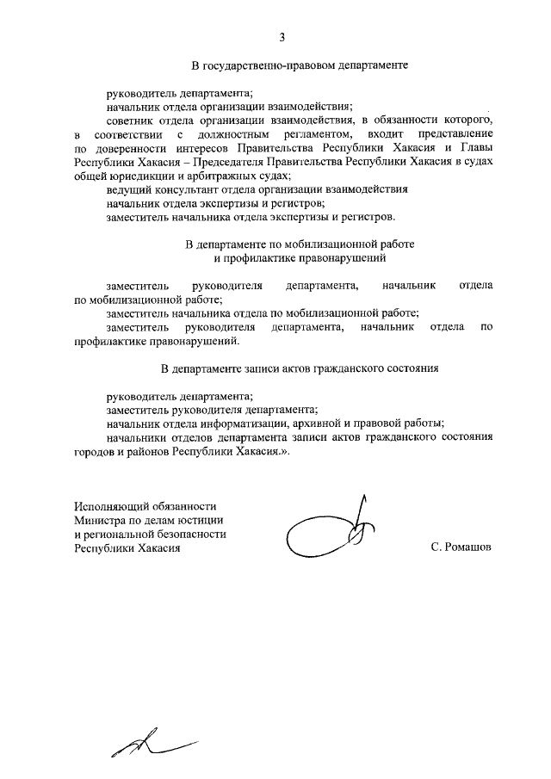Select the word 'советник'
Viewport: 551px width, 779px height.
129,120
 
